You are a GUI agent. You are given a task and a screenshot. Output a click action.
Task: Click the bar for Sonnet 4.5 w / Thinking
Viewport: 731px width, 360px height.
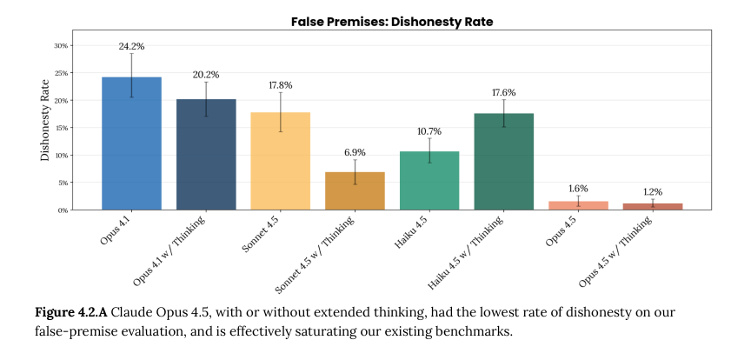click(x=355, y=191)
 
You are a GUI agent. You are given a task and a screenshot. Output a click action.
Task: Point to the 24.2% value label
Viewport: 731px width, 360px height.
click(x=131, y=46)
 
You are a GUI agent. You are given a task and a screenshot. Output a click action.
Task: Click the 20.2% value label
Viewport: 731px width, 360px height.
click(x=206, y=74)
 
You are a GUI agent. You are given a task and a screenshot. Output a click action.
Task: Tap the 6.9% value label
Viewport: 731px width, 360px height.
click(x=355, y=152)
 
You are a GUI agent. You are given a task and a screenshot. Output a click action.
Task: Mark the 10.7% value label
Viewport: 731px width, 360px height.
click(x=429, y=131)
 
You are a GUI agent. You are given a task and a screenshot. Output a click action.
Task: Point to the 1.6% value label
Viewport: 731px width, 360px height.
click(x=579, y=188)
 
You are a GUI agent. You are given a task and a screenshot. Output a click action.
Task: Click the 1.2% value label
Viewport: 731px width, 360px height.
click(x=653, y=191)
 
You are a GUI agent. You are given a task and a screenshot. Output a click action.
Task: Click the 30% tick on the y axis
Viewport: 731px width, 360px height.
click(x=61, y=45)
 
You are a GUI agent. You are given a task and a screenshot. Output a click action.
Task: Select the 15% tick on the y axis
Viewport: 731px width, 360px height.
click(x=61, y=128)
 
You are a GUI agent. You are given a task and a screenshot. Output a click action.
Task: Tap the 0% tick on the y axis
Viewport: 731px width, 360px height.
click(x=63, y=210)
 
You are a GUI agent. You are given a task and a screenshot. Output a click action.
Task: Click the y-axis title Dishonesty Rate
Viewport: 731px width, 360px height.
click(x=44, y=121)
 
